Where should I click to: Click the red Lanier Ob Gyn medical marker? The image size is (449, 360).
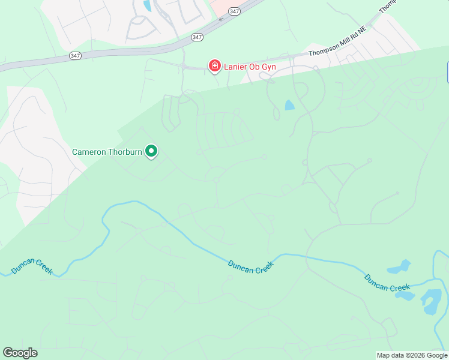[x=214, y=66]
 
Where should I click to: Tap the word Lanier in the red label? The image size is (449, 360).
[x=237, y=67]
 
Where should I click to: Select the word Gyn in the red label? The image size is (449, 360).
[x=268, y=67]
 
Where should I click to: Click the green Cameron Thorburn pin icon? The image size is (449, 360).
[x=152, y=151]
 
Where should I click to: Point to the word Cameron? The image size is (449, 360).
[x=89, y=152]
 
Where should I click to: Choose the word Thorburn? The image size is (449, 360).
[x=125, y=152]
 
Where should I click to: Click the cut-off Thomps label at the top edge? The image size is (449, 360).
[x=388, y=7]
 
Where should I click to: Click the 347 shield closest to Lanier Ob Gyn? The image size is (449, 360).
[x=197, y=37]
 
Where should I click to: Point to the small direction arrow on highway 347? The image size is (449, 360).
[x=220, y=19]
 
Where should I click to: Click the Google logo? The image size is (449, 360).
[x=20, y=353]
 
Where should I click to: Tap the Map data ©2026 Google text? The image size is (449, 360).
[x=412, y=355]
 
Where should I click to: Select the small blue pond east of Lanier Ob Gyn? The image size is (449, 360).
[x=290, y=105]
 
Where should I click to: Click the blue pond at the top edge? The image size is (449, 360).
[x=148, y=6]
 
